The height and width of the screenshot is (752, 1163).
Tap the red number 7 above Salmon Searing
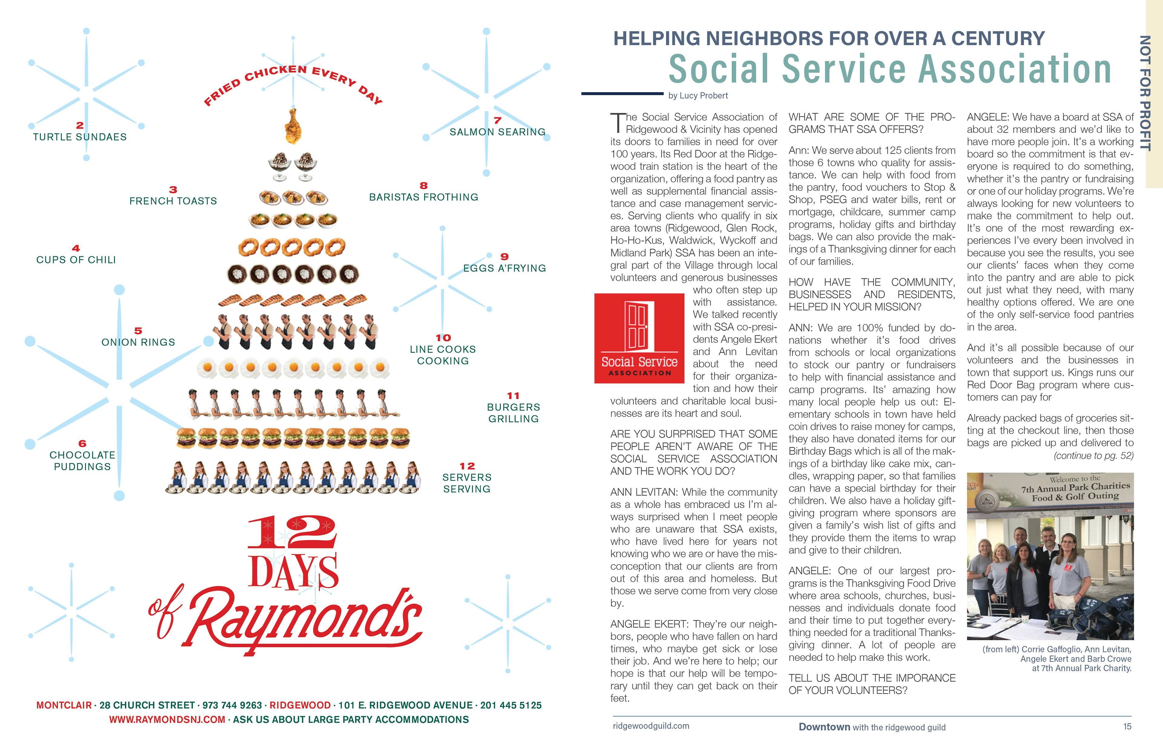(497, 120)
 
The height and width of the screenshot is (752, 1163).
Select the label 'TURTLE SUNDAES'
(80, 137)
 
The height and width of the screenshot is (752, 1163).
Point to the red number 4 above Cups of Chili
(76, 248)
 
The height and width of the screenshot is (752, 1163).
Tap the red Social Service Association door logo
(639, 338)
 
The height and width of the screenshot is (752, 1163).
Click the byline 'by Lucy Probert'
(698, 96)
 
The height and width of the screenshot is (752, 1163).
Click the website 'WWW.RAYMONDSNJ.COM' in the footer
(167, 720)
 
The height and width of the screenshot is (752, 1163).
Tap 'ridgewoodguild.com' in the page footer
(651, 726)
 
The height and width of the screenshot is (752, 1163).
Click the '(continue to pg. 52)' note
(1094, 456)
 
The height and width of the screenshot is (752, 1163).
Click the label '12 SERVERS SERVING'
(467, 478)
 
